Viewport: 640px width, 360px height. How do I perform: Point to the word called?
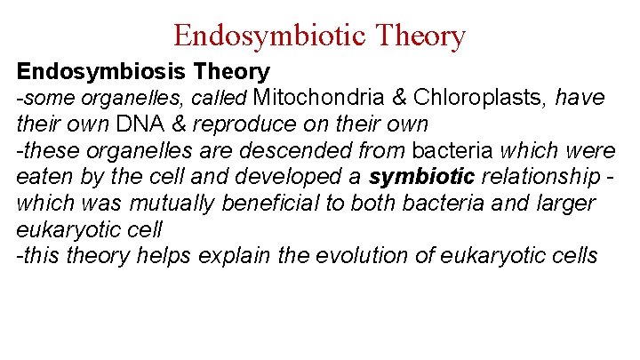click(222, 98)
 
